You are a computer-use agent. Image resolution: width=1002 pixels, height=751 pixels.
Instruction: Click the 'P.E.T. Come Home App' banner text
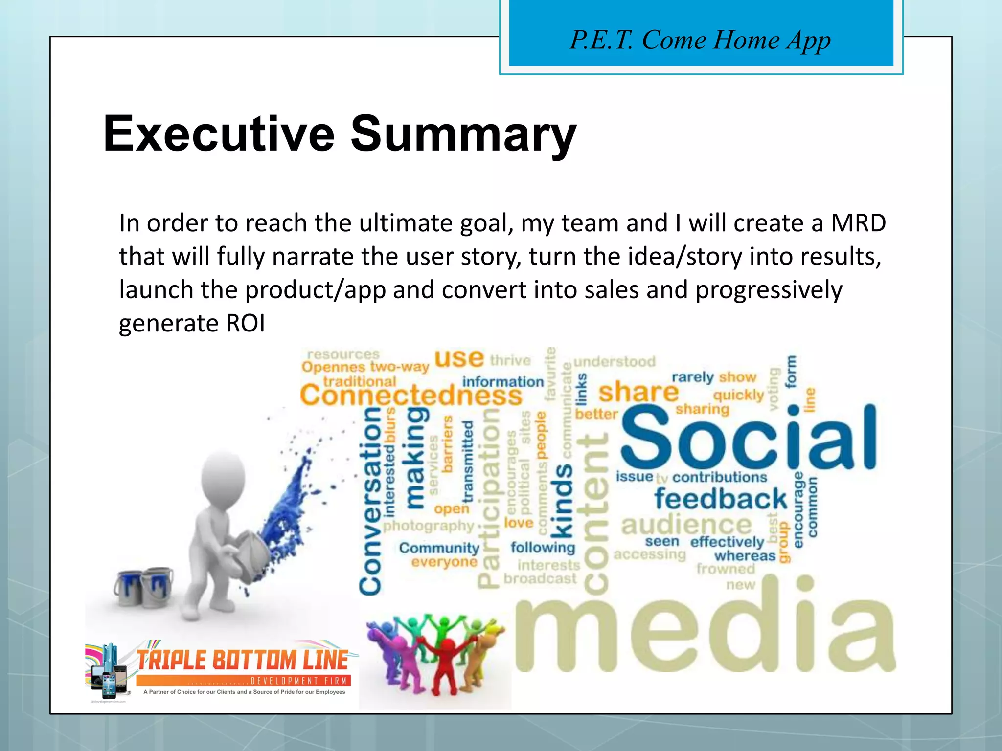click(x=700, y=40)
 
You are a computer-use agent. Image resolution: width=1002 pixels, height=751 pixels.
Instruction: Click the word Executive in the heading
click(x=219, y=133)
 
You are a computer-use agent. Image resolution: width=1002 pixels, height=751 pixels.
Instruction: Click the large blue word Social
click(x=748, y=438)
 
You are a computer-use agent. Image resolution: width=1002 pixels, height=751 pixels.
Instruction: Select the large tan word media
click(x=705, y=633)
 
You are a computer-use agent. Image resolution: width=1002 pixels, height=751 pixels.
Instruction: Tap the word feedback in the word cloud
click(x=720, y=499)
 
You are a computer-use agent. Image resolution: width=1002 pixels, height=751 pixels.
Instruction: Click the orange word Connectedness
click(x=411, y=395)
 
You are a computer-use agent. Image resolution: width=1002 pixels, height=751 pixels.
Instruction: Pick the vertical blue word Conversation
click(x=370, y=501)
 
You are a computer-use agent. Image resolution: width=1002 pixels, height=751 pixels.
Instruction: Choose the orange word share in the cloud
click(x=638, y=392)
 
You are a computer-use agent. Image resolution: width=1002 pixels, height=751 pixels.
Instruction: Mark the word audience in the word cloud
click(x=686, y=525)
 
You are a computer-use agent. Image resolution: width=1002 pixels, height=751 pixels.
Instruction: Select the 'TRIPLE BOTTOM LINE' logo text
click(x=242, y=660)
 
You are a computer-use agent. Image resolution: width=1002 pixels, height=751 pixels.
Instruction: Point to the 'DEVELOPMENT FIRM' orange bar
click(x=243, y=681)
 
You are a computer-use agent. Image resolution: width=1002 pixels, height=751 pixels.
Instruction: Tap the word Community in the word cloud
click(x=439, y=548)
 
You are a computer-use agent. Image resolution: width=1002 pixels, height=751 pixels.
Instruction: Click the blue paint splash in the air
click(x=289, y=504)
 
